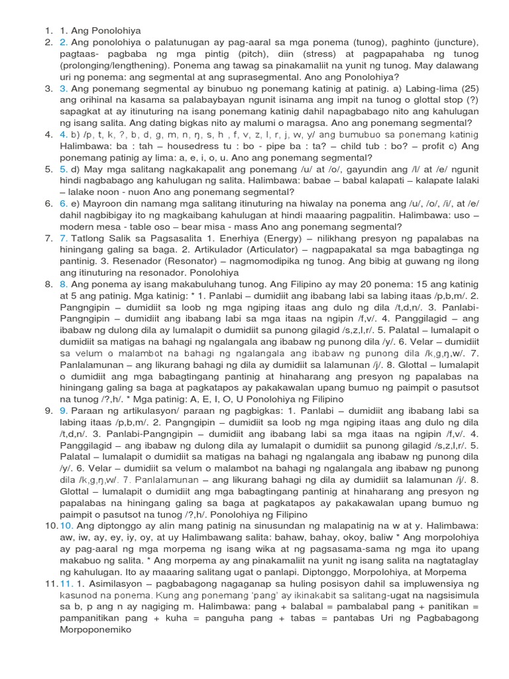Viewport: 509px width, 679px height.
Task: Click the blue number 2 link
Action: point(63,42)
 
